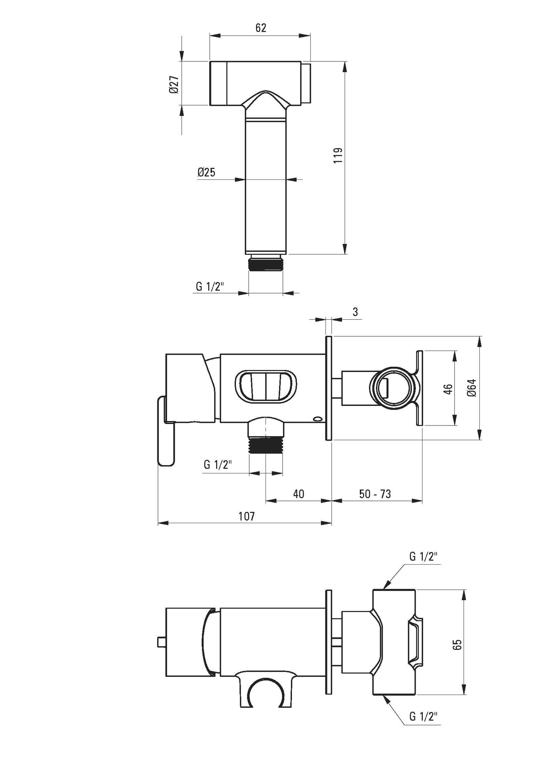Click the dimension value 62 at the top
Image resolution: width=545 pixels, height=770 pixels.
coord(261,28)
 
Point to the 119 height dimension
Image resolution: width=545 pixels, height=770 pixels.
coord(338,155)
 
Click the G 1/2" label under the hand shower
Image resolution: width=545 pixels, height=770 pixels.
coord(210,287)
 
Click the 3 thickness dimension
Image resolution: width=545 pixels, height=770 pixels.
coord(355,312)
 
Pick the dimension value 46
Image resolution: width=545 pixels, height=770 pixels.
coord(447,388)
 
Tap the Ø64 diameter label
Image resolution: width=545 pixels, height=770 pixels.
coord(472,387)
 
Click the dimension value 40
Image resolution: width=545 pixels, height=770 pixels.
coord(298,494)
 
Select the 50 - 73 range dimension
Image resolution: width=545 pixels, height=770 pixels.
coord(375,494)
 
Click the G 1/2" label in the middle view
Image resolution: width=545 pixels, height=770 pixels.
coord(218,465)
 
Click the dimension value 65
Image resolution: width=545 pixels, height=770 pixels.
coord(458,644)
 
